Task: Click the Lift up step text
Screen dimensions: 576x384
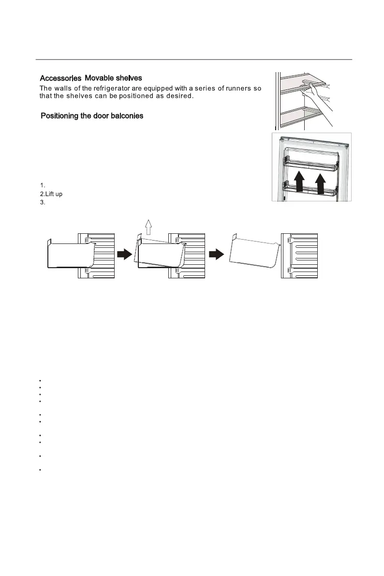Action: click(51, 194)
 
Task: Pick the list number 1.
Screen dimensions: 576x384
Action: click(42, 185)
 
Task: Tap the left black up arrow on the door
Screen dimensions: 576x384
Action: click(300, 181)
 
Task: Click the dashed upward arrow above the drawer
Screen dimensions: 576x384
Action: click(149, 225)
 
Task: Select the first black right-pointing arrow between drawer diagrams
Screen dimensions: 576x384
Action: click(125, 255)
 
